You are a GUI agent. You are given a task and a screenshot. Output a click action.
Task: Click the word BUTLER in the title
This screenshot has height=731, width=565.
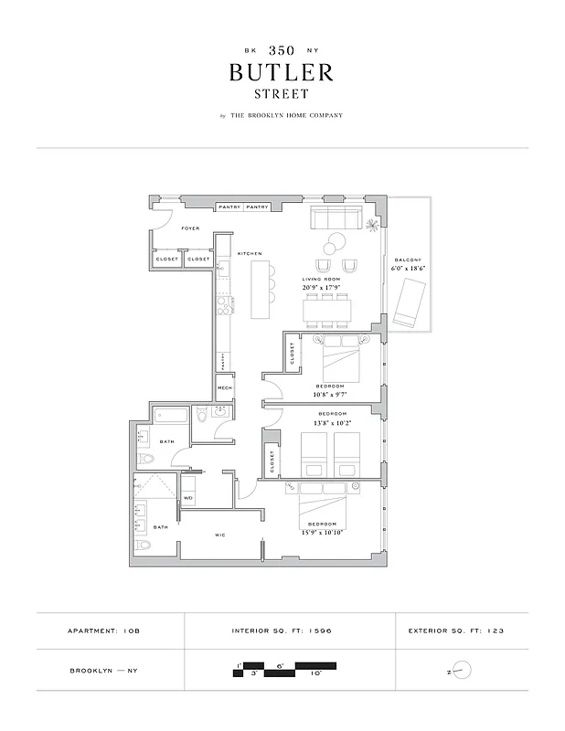coord(282,71)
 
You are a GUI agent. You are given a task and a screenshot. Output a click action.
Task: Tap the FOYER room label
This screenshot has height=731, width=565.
coord(190,228)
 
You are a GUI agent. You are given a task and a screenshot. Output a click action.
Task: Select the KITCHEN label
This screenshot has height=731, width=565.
coord(251,253)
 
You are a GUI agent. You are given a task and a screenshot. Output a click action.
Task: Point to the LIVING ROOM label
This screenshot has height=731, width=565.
coord(321,280)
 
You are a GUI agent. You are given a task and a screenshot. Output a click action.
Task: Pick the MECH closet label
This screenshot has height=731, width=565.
coord(225,388)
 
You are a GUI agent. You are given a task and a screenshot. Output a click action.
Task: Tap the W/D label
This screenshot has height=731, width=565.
coord(188,498)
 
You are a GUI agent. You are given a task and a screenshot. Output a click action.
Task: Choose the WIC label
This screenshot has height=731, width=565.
coord(219,535)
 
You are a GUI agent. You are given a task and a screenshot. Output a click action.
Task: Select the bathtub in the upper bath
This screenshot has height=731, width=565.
coord(171,418)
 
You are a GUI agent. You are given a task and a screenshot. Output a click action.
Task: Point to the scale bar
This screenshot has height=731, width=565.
coord(283,669)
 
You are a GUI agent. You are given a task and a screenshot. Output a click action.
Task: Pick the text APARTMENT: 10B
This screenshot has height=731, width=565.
coord(105,630)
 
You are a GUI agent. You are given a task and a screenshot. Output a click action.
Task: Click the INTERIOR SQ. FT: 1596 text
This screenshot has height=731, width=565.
coord(289,630)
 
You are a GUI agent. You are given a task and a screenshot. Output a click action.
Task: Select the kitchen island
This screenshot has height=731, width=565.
coord(262,288)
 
